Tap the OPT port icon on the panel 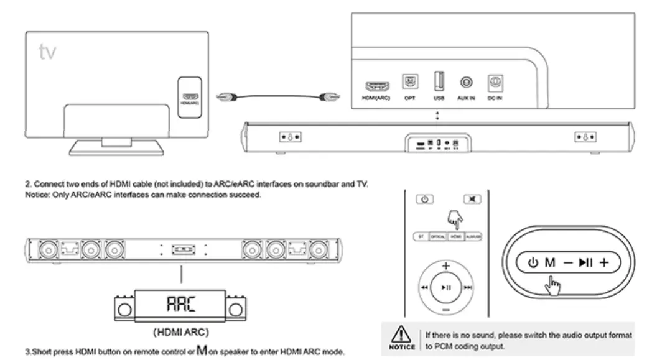coord(410,82)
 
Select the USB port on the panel coord(439,81)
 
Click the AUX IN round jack coord(466,82)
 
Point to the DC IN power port coord(496,82)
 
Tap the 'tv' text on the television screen coord(47,52)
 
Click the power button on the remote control coord(424,200)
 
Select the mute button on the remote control coord(472,200)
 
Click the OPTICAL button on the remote coord(437,238)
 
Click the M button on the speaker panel coord(550,262)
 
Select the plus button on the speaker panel coord(603,262)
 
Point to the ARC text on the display coord(180,304)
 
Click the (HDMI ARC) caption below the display coord(180,331)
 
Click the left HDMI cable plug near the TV coord(227,97)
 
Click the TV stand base coord(116,147)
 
